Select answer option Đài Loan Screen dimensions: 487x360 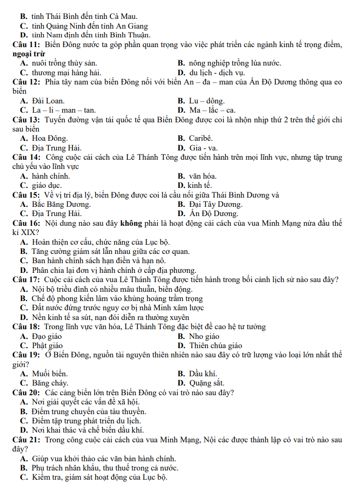tap(48, 101)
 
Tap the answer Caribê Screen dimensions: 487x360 tap(201, 139)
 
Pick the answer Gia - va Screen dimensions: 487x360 tap(203, 148)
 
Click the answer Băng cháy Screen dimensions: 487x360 tap(50, 383)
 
